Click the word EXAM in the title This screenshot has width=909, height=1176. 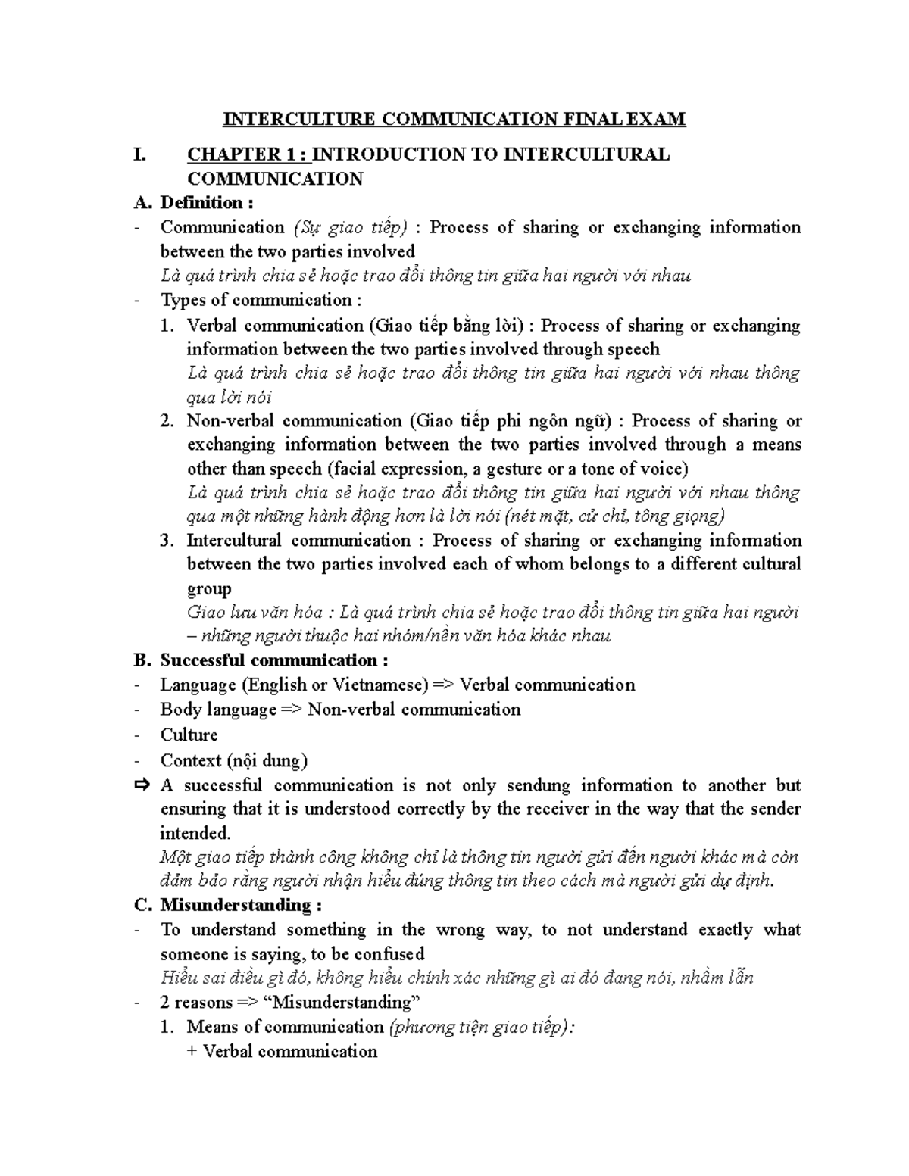(x=658, y=119)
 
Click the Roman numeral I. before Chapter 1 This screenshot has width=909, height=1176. (x=139, y=154)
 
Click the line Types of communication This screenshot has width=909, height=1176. (x=256, y=300)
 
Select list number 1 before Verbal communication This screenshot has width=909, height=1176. (x=167, y=326)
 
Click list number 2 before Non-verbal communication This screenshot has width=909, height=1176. (x=167, y=421)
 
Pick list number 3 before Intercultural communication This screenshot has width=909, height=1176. (x=167, y=541)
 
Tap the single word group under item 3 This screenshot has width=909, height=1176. (x=209, y=589)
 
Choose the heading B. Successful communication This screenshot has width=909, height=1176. (x=261, y=660)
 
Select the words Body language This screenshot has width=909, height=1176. (x=218, y=710)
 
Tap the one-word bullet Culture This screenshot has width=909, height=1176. (x=189, y=735)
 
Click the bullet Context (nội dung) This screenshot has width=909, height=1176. (x=233, y=760)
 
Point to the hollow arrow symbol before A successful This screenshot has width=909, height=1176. (x=142, y=785)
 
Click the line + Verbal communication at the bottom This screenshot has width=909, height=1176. (x=282, y=1051)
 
